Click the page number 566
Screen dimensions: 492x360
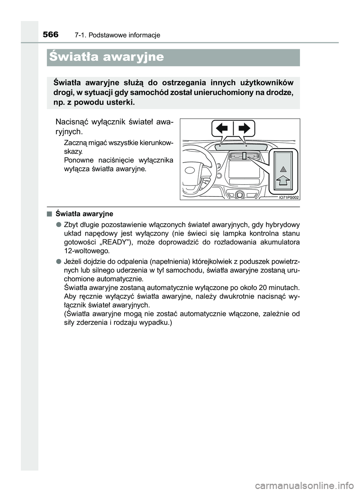tap(50, 34)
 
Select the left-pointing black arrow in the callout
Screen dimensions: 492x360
tap(222, 129)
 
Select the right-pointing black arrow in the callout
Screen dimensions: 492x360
tap(244, 129)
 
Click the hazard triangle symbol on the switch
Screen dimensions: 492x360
tap(283, 170)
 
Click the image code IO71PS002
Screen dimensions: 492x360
tap(289, 197)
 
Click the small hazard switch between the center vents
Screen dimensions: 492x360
tap(243, 156)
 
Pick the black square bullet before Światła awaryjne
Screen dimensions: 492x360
tap(49, 214)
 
